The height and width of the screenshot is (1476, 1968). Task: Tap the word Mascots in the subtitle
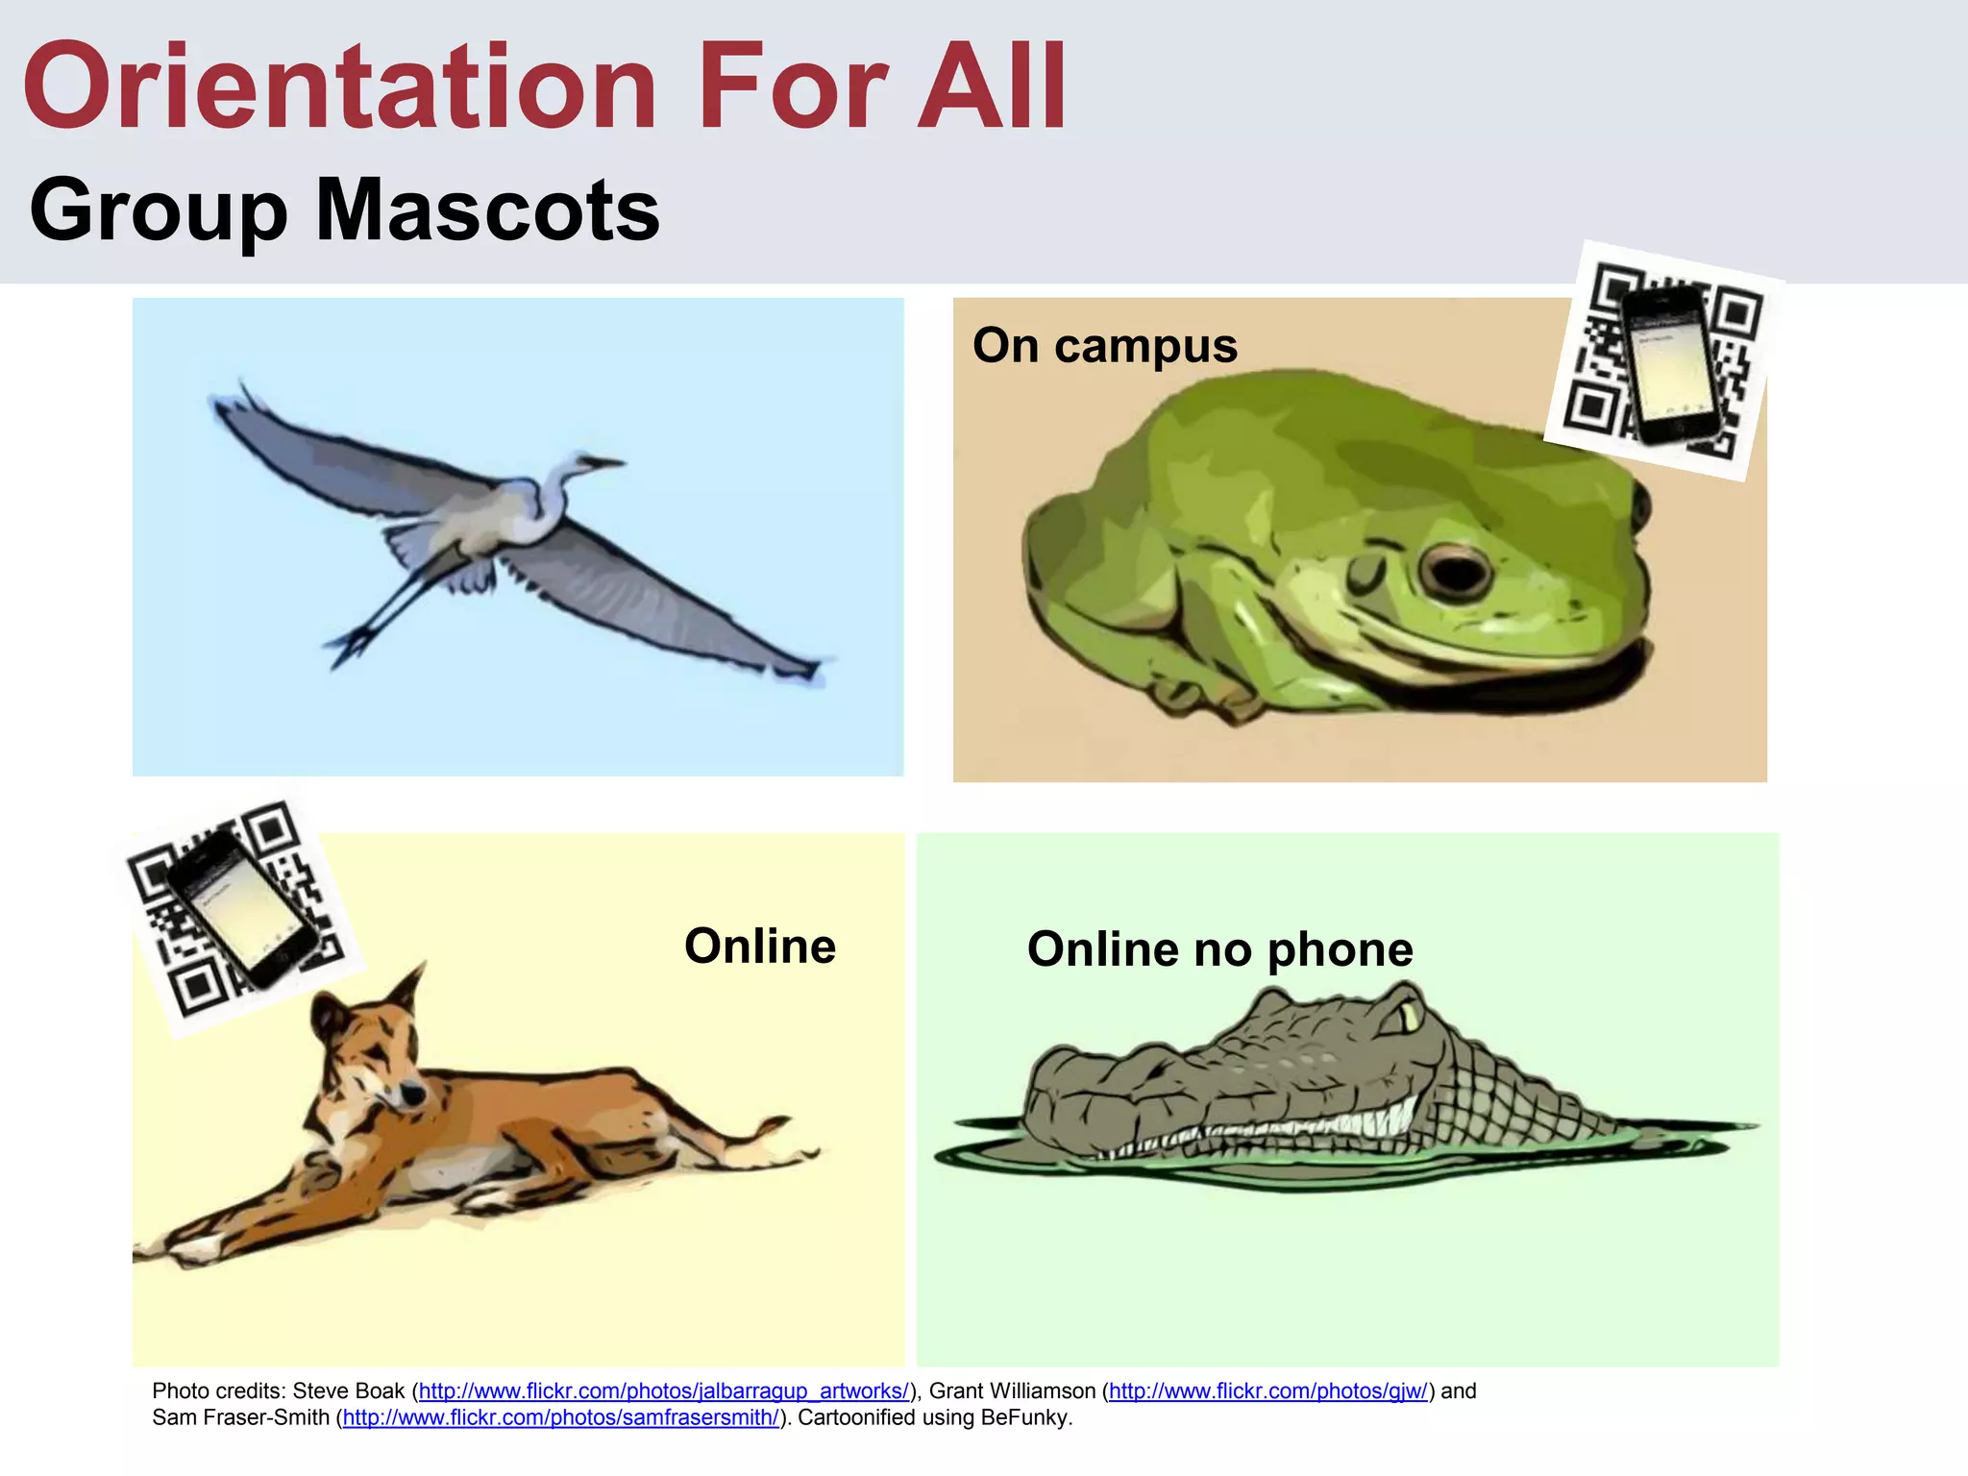487,210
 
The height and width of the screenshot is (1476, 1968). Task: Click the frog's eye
1454,571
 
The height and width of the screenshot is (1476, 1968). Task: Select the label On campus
1104,345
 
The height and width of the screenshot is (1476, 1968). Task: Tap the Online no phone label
1219,949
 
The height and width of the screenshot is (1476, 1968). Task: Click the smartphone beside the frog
1670,365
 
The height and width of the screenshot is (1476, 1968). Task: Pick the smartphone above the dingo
242,908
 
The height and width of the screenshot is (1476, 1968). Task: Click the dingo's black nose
413,1094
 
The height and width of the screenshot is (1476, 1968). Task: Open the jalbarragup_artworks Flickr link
663,1390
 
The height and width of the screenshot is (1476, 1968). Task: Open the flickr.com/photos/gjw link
1267,1390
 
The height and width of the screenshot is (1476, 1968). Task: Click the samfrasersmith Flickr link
561,1417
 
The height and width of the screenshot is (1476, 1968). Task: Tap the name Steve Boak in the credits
349,1390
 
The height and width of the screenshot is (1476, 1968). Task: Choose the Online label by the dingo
759,947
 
